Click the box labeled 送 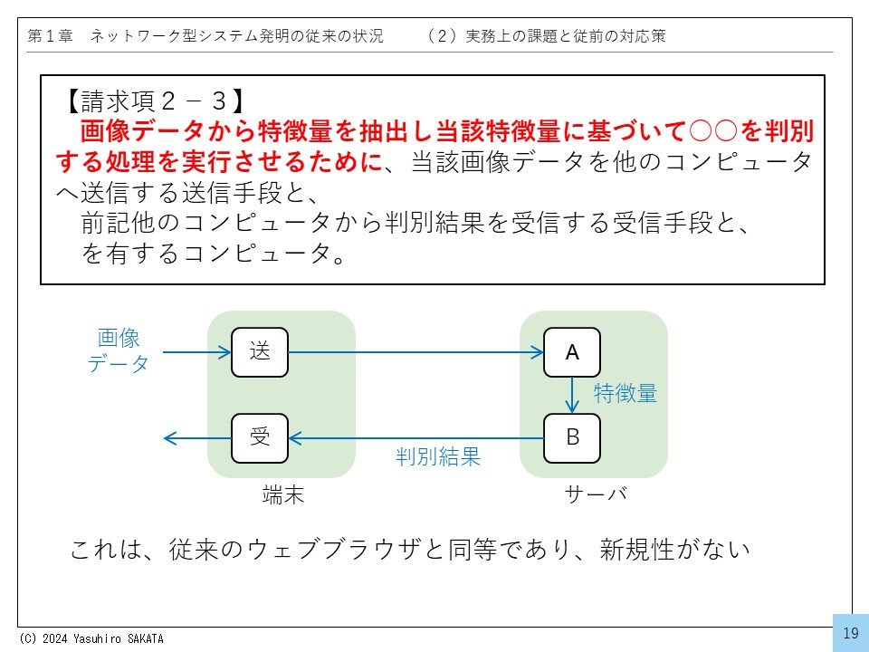tap(260, 352)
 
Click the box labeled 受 tap(260, 438)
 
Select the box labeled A tap(572, 352)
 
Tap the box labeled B tap(572, 438)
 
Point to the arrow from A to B tap(572, 395)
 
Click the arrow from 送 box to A tap(416, 352)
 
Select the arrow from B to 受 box tap(416, 438)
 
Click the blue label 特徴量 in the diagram tap(625, 394)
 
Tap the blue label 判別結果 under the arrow tap(438, 457)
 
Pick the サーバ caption tap(595, 494)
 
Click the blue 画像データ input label tap(119, 351)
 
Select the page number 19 tap(850, 633)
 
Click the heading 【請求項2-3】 tap(154, 99)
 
